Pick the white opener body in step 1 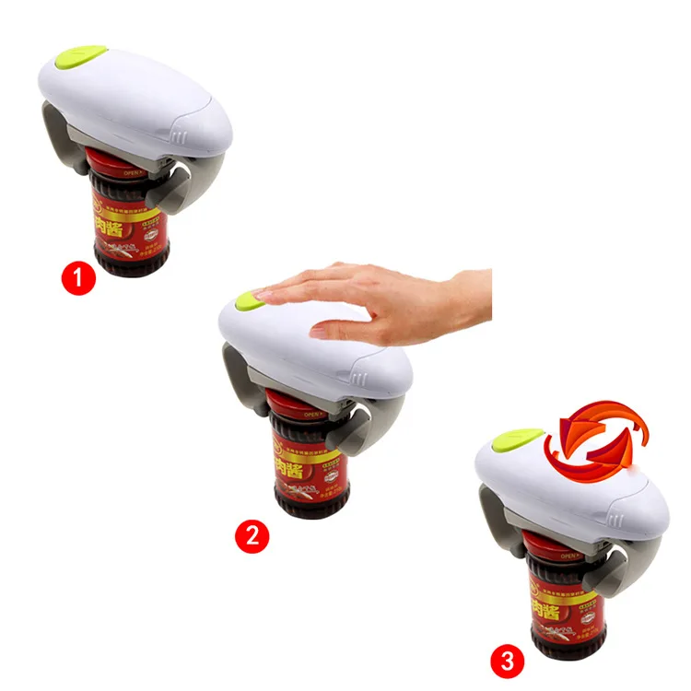tap(138, 101)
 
